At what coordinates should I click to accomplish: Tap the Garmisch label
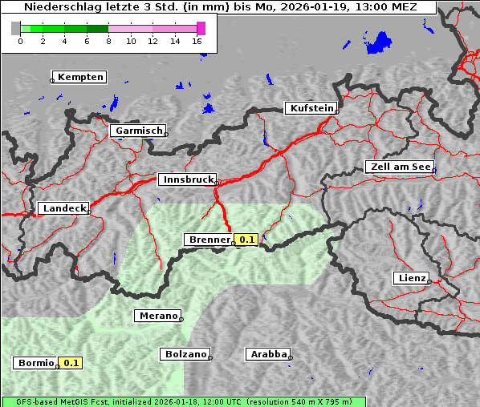pyautogui.click(x=139, y=131)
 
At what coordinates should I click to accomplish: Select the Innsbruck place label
pyautogui.click(x=187, y=180)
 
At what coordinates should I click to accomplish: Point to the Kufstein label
pyautogui.click(x=311, y=108)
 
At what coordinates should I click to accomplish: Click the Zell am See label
pyautogui.click(x=399, y=167)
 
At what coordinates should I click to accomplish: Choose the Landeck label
pyautogui.click(x=63, y=208)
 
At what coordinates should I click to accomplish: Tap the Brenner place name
pyautogui.click(x=209, y=240)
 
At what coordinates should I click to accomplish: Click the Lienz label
pyautogui.click(x=411, y=278)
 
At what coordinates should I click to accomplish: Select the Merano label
pyautogui.click(x=157, y=316)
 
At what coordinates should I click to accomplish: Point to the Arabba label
pyautogui.click(x=266, y=353)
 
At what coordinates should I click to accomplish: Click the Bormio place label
pyautogui.click(x=35, y=363)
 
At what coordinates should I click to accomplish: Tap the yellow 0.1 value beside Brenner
pyautogui.click(x=246, y=240)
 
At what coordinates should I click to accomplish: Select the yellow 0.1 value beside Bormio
pyautogui.click(x=71, y=363)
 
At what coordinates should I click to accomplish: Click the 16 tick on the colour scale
pyautogui.click(x=197, y=41)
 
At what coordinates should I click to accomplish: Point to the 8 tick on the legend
pyautogui.click(x=108, y=41)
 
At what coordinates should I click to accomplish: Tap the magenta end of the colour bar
pyautogui.click(x=201, y=28)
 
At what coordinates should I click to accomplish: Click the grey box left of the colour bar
pyautogui.click(x=16, y=28)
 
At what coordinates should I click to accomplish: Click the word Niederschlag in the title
pyautogui.click(x=59, y=6)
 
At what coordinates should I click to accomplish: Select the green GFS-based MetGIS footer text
pyautogui.click(x=183, y=401)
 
